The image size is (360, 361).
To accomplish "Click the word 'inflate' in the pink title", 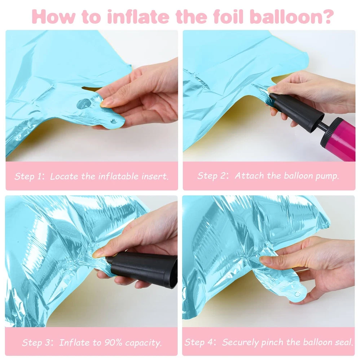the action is point(138,17).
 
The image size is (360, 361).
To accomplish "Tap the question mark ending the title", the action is point(327,16).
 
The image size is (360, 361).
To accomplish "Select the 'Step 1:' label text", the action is point(29,177).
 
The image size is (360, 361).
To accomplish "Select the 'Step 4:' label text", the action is point(200,342).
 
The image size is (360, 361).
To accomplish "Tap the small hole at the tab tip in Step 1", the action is point(113,121).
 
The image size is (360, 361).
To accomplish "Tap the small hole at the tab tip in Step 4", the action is point(298,294).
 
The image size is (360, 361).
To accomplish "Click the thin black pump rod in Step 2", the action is point(325,126).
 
